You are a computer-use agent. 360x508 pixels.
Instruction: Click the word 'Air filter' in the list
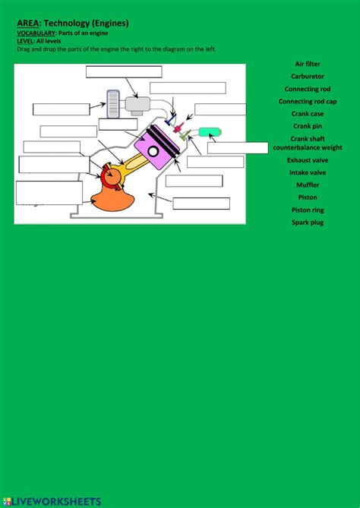coord(308,64)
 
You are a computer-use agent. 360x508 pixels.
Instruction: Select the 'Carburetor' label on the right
coord(308,77)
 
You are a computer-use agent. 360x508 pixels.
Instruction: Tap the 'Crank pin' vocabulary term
coord(308,126)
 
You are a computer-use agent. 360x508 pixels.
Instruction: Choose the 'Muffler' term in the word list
coord(308,185)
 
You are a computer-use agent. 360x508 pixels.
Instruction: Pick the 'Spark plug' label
coord(308,222)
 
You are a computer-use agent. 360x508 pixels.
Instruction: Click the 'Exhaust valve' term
coord(308,160)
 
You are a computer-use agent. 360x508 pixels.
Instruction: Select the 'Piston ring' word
coord(308,210)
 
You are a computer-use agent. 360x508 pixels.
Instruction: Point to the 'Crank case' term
coord(308,114)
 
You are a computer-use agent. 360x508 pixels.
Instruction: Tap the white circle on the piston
coord(153,151)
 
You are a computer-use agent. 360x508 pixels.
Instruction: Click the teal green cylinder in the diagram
coord(210,132)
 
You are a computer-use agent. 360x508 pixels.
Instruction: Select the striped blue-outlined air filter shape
coord(113,104)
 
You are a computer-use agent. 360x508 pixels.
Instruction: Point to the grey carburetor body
coord(137,104)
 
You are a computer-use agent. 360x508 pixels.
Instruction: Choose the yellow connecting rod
coord(134,165)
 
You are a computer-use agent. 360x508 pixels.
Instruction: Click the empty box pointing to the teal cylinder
coord(238,148)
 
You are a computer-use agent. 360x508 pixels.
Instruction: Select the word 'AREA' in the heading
coord(27,24)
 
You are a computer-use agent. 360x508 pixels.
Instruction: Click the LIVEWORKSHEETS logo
coord(52,501)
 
